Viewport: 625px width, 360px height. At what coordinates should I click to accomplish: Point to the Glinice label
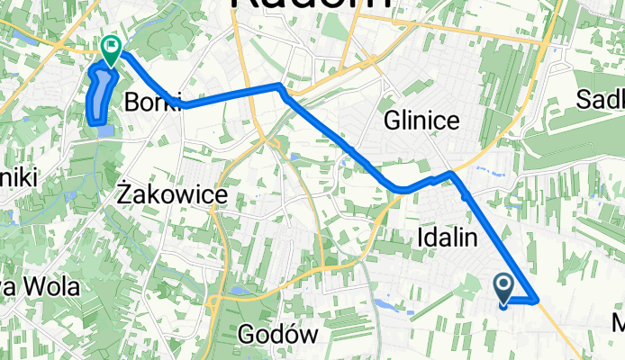(421, 121)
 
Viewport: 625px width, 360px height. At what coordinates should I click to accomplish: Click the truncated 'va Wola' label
(40, 288)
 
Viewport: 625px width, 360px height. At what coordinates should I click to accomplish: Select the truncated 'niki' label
(18, 178)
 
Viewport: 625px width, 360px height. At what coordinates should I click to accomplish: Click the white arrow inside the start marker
(503, 286)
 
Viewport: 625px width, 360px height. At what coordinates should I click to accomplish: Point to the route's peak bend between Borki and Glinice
(281, 87)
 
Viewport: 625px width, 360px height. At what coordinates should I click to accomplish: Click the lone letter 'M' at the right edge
(618, 323)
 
